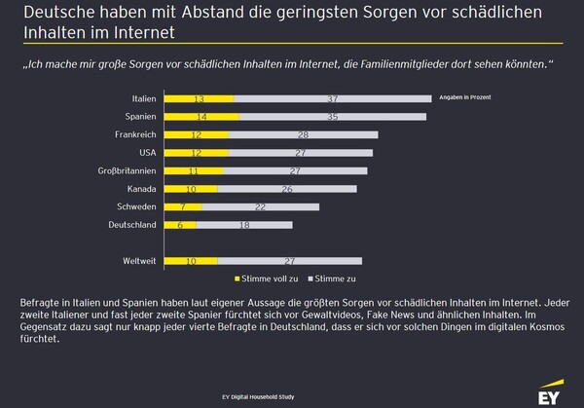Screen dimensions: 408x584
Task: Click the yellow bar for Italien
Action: point(200,98)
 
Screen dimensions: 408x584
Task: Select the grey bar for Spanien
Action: point(332,117)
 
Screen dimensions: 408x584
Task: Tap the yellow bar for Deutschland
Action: point(181,225)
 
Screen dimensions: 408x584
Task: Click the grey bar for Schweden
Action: point(261,206)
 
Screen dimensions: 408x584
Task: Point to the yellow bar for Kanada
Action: point(190,189)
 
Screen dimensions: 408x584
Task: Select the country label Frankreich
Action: point(135,134)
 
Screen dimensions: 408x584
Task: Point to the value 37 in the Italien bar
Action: point(333,98)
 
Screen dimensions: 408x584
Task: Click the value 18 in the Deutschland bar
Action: point(244,225)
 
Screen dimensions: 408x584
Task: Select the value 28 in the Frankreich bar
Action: point(304,134)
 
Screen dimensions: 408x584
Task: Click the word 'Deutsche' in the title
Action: point(53,13)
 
